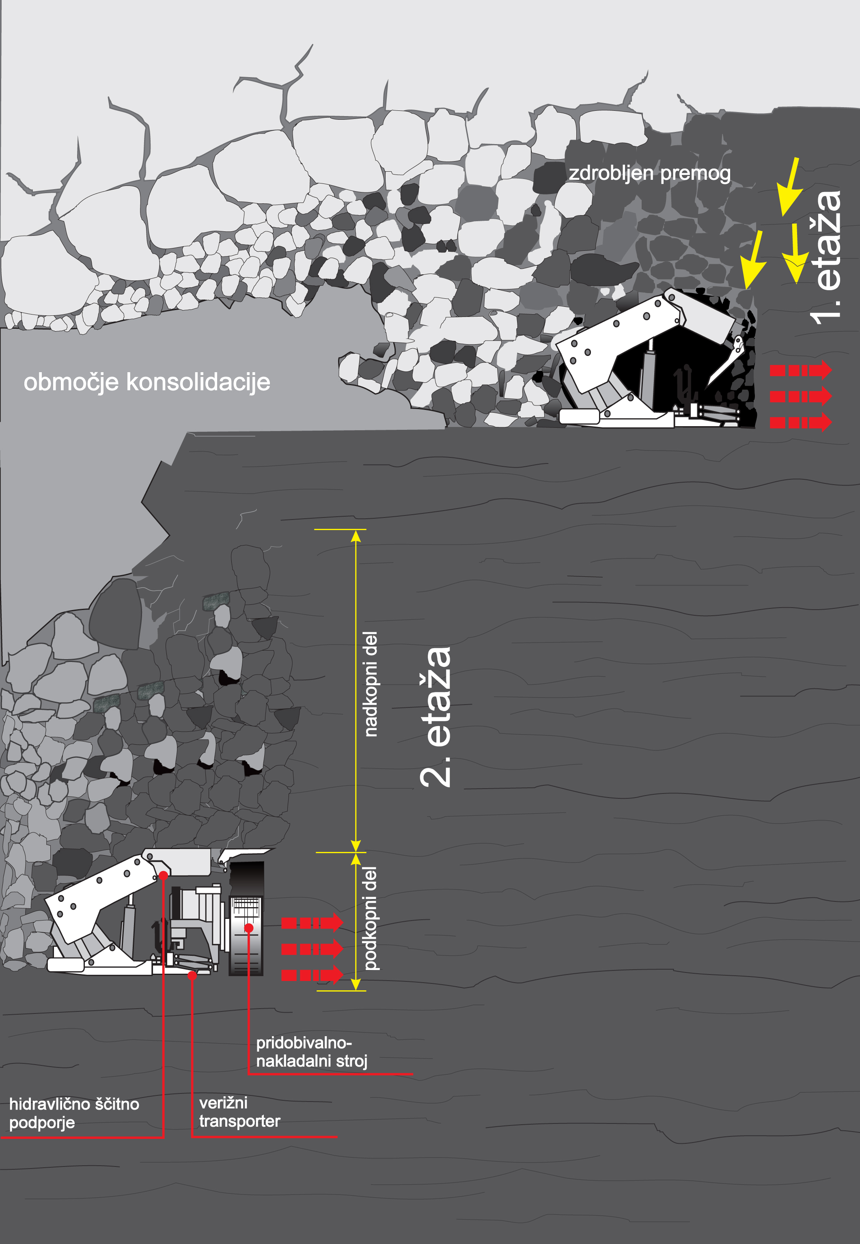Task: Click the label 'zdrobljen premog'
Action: [649, 173]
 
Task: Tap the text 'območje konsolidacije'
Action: [147, 382]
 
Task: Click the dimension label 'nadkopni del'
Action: [371, 684]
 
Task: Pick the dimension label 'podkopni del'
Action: [371, 918]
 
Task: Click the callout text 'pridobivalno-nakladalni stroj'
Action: [311, 1052]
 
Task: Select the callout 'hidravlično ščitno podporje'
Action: [74, 1113]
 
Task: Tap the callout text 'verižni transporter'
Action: [239, 1112]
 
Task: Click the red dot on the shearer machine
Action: [248, 928]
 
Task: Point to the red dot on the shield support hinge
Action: [163, 875]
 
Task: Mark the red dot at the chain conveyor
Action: [192, 975]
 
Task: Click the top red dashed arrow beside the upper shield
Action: [801, 370]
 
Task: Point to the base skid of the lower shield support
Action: [100, 966]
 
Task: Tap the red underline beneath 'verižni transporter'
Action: [265, 1137]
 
